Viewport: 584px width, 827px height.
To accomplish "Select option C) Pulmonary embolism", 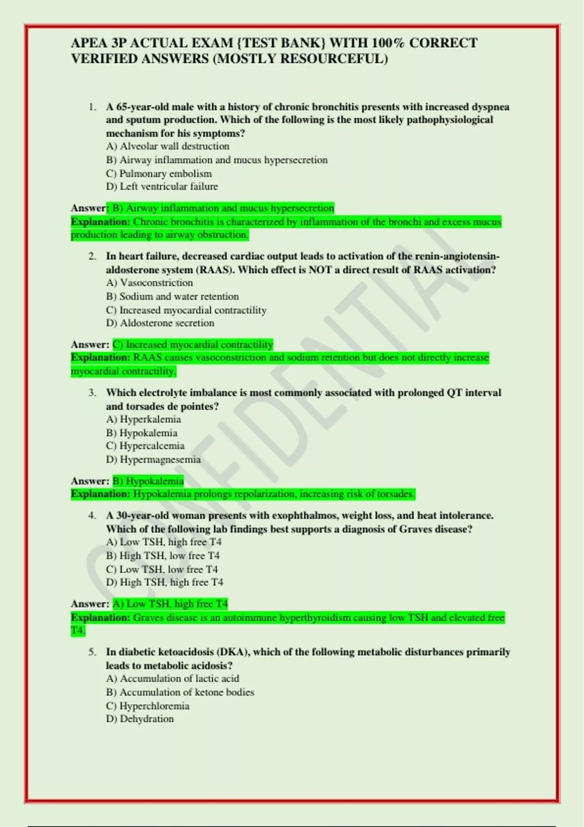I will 159,174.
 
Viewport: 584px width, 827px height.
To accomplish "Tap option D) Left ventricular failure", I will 162,186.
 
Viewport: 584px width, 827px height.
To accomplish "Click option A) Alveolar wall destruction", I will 167,146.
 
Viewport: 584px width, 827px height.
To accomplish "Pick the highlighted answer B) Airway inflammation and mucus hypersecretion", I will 223,208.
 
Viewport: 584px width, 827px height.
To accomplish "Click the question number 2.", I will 92,256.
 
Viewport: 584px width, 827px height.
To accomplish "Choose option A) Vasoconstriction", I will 149,283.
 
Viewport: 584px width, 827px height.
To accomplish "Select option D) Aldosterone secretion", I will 160,323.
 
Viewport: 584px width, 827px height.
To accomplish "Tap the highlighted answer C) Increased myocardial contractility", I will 193,345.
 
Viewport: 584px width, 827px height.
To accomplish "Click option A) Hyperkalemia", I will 144,419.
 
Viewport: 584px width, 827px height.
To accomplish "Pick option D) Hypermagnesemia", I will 153,459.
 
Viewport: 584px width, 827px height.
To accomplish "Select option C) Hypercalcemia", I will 145,446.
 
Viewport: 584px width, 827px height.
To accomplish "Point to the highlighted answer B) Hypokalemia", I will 148,481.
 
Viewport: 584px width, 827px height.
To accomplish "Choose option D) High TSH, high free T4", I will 164,582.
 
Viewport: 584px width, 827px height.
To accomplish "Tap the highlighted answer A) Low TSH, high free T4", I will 170,604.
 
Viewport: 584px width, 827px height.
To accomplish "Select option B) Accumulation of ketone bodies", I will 180,692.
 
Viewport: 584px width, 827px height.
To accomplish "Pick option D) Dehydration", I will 140,719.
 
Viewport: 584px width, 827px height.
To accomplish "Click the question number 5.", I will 92,652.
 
